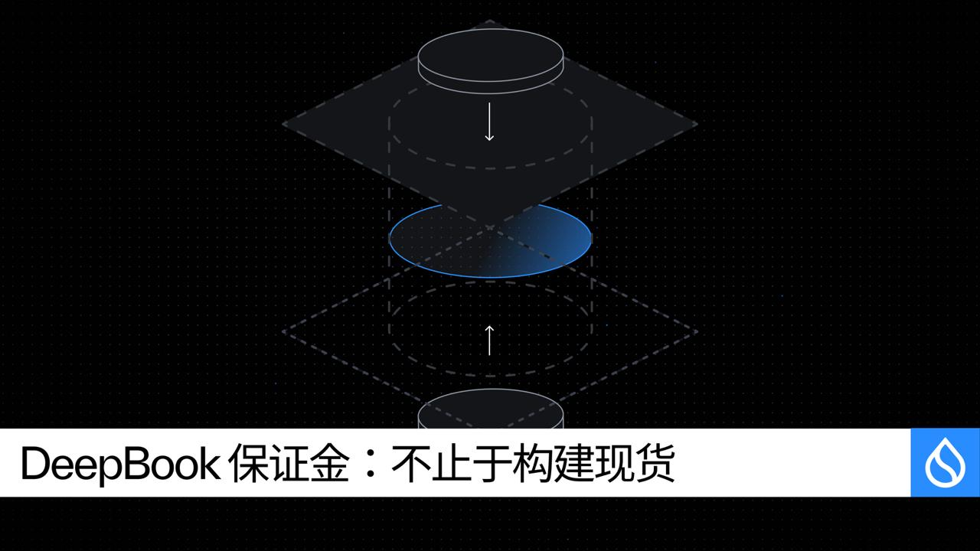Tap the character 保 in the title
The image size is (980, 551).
(x=248, y=463)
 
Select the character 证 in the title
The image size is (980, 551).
(x=289, y=463)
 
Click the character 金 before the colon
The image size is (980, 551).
(x=330, y=463)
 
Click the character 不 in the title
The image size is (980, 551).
(x=411, y=463)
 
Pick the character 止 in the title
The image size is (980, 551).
(x=452, y=463)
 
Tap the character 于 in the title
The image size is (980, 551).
(x=492, y=463)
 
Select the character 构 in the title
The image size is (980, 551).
(x=532, y=463)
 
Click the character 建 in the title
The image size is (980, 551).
(x=573, y=463)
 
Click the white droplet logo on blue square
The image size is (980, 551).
(x=945, y=463)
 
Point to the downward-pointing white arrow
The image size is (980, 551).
(x=489, y=122)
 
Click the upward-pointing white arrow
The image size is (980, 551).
(x=489, y=341)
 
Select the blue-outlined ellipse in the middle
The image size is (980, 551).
(x=490, y=240)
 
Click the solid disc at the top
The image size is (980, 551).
(x=491, y=61)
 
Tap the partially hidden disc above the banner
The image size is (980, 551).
(x=491, y=409)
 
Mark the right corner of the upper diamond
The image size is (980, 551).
(x=697, y=124)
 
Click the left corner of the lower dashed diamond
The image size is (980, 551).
(x=283, y=331)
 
